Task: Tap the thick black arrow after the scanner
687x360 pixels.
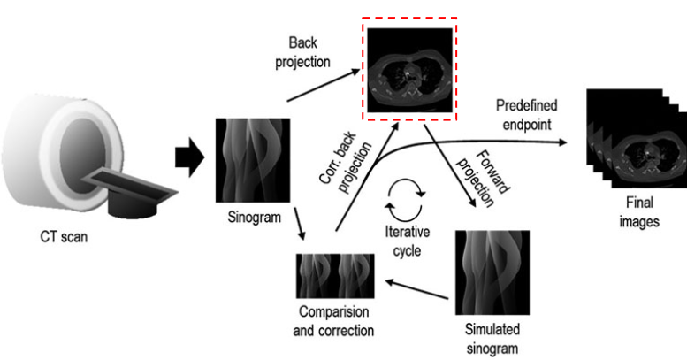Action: click(x=188, y=157)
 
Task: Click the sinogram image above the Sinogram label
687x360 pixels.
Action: click(x=248, y=160)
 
